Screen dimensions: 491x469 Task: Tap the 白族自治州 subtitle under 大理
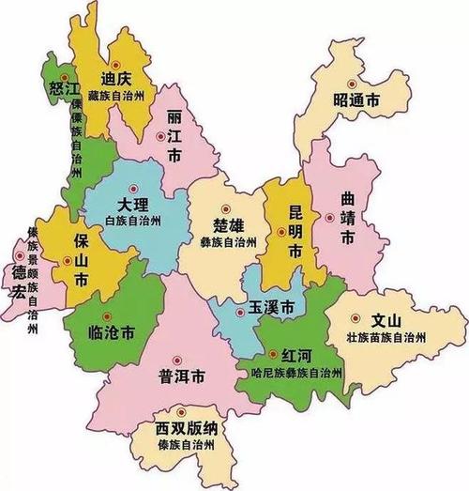[x=134, y=221]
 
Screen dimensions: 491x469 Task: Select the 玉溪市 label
[x=271, y=308]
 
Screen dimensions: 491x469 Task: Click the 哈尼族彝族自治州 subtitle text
[x=291, y=373]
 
